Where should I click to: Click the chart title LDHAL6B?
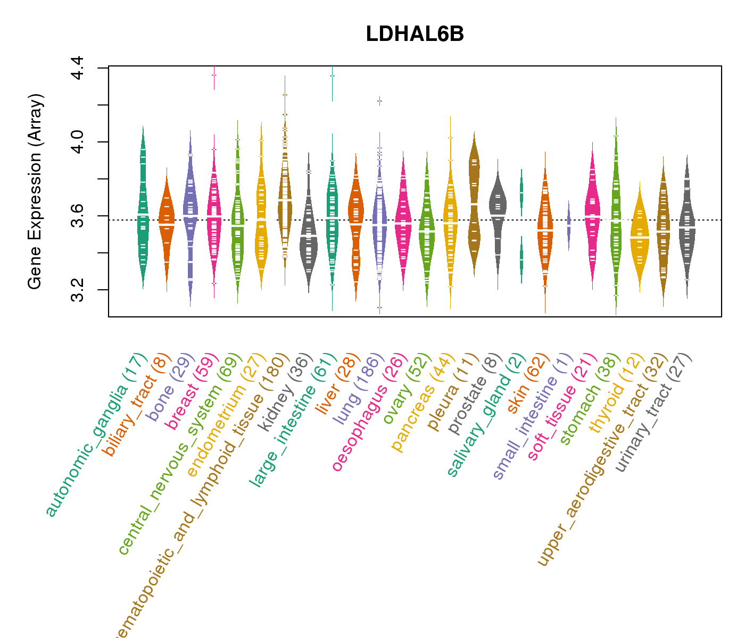click(415, 34)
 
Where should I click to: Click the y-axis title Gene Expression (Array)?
click(35, 191)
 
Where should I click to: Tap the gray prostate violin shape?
click(498, 207)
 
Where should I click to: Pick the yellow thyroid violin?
click(640, 239)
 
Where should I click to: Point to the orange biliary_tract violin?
click(167, 223)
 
